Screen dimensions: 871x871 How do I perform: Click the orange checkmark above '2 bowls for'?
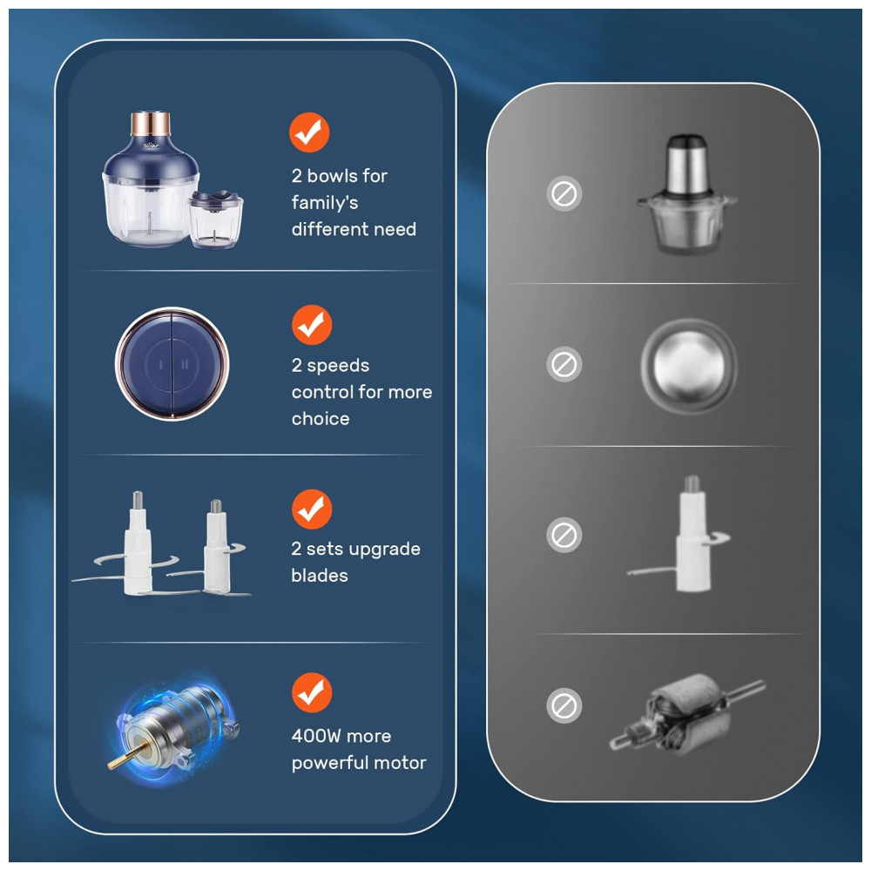point(309,132)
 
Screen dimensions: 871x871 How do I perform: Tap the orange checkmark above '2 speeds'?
point(312,324)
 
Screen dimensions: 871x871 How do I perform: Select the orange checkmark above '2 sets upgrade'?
point(312,509)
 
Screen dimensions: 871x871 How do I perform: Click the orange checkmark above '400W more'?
point(312,692)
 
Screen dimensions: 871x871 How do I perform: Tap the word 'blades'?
point(320,576)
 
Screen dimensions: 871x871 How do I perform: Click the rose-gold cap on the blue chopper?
point(150,124)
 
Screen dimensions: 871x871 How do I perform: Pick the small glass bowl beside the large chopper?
point(215,219)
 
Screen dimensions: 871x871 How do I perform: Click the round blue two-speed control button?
point(172,364)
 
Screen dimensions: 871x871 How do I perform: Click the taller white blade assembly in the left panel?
point(138,544)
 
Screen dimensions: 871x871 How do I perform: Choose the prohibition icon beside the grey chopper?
point(564,194)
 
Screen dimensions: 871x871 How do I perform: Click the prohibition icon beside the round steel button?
point(564,365)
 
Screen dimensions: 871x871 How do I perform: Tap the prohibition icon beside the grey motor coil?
point(564,706)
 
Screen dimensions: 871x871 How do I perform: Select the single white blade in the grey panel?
point(687,535)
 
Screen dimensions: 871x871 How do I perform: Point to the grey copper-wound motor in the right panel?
point(688,714)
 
